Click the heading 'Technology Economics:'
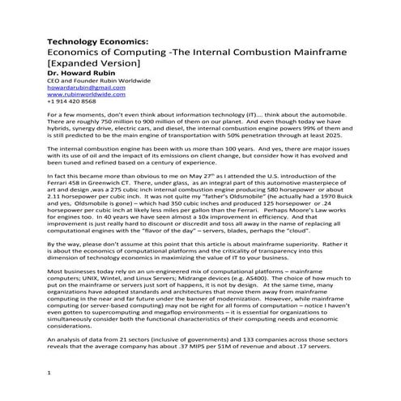click(88, 39)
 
